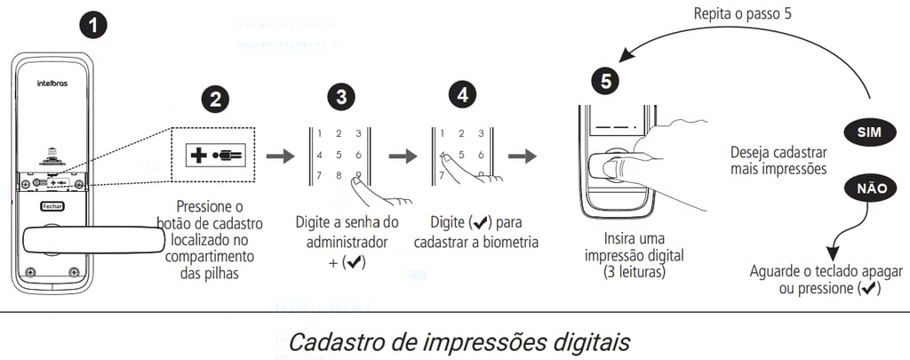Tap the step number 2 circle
click(215, 100)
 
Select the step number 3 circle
click(341, 98)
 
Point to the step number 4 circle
click(462, 96)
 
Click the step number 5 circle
click(605, 82)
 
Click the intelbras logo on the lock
click(52, 84)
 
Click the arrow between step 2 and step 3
click(280, 156)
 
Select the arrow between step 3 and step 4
click(403, 156)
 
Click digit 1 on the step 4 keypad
click(443, 134)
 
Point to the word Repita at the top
click(714, 14)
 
